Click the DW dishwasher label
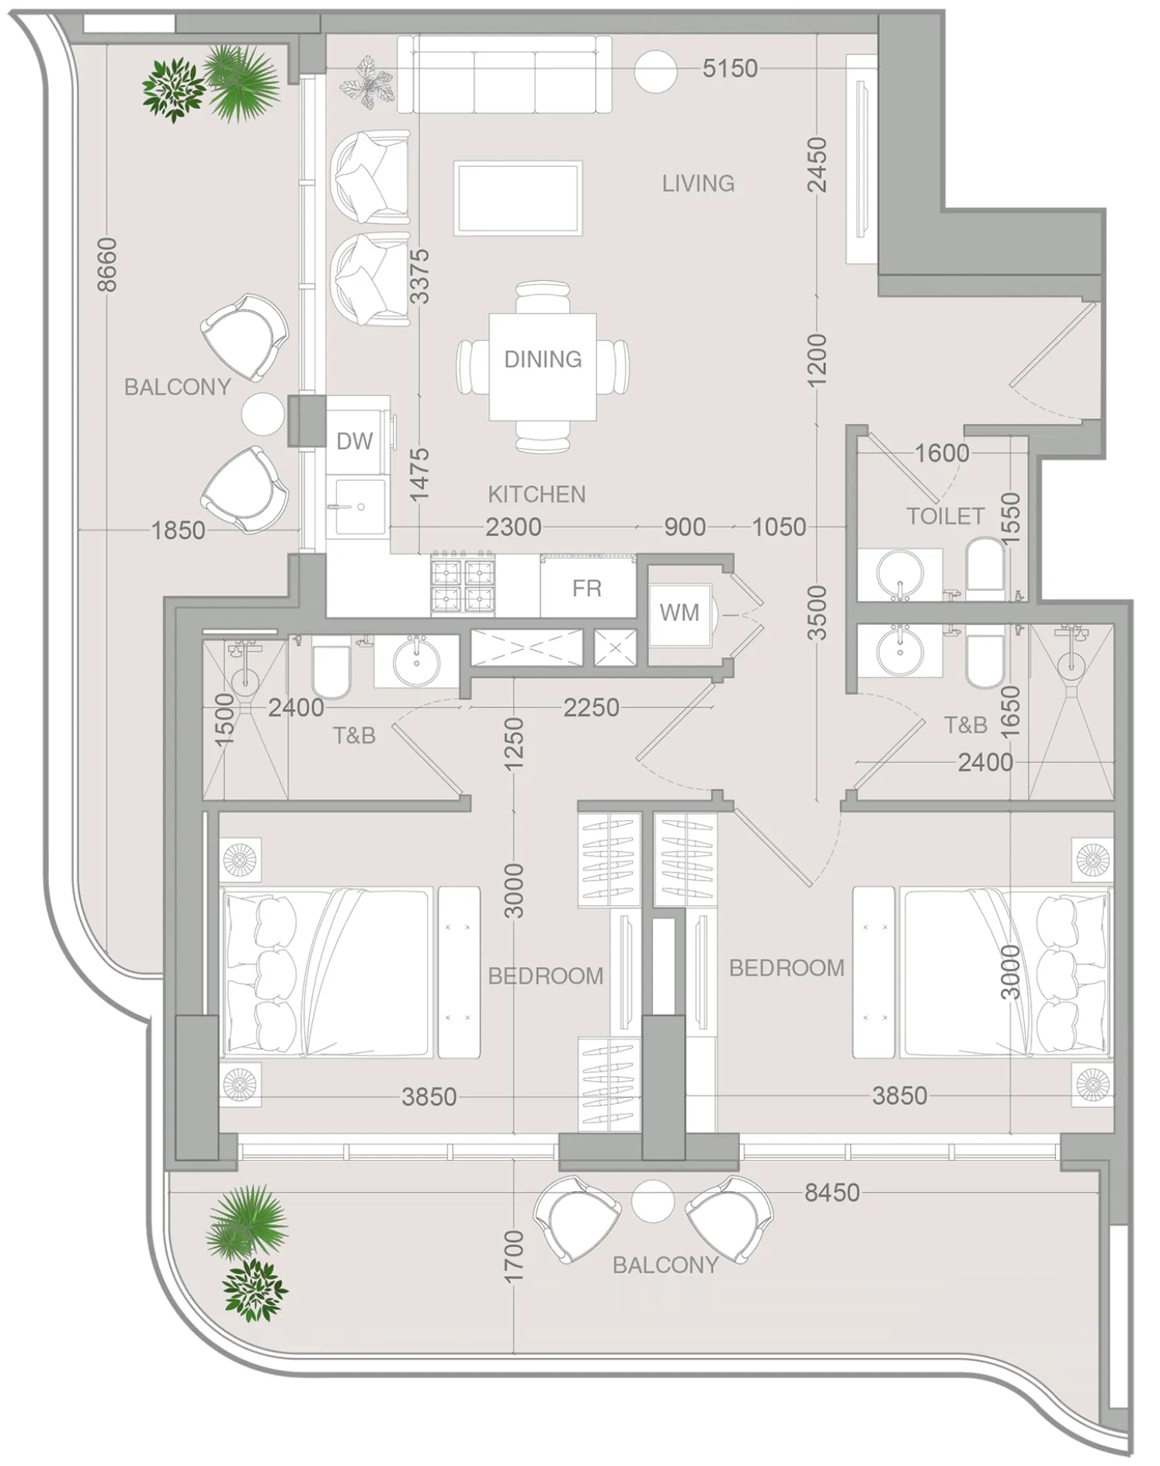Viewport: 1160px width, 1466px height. [x=354, y=441]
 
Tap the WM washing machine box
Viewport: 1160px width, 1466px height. [x=679, y=613]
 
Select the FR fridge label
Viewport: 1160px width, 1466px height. [x=586, y=589]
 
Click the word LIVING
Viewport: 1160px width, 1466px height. [x=698, y=183]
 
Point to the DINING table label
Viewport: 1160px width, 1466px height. [x=543, y=360]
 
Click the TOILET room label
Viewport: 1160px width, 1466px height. [x=945, y=516]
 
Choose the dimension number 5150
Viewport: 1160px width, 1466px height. [x=730, y=69]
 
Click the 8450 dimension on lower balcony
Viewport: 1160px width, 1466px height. [x=832, y=1193]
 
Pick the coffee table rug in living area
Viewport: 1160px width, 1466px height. [x=518, y=198]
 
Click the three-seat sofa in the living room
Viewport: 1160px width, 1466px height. [x=504, y=76]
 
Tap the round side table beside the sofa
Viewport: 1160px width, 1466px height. [x=655, y=71]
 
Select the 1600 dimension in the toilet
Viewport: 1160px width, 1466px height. [x=942, y=453]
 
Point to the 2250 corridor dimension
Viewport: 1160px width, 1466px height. [x=591, y=708]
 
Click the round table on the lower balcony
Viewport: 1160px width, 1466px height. [x=652, y=1200]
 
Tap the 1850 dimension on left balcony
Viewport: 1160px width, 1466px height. [x=178, y=531]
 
